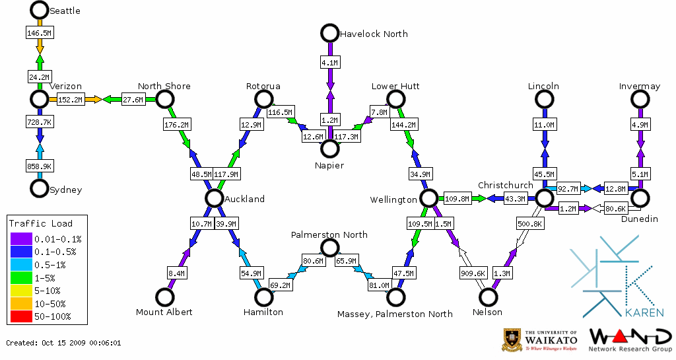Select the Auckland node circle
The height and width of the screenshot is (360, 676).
(213, 198)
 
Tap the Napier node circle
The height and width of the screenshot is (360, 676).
(329, 148)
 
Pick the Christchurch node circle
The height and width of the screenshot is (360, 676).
(544, 198)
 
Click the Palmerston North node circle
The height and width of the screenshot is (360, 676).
(329, 248)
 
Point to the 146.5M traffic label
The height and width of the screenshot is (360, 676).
(39, 32)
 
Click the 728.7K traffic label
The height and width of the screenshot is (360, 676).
(39, 123)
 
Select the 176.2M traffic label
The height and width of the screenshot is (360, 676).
(176, 124)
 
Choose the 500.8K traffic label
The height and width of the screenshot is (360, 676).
(530, 224)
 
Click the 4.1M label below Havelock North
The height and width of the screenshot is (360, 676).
(329, 62)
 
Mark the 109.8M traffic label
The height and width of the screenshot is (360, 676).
(457, 198)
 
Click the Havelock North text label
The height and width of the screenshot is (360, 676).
(374, 34)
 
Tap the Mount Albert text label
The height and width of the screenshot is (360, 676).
(164, 312)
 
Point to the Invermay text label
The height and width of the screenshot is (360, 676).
(640, 86)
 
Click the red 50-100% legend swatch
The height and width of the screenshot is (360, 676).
(20, 316)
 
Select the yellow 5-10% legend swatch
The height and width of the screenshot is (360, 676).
(20, 290)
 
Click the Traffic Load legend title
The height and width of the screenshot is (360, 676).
(41, 223)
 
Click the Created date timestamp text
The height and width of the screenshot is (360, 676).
(63, 343)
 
